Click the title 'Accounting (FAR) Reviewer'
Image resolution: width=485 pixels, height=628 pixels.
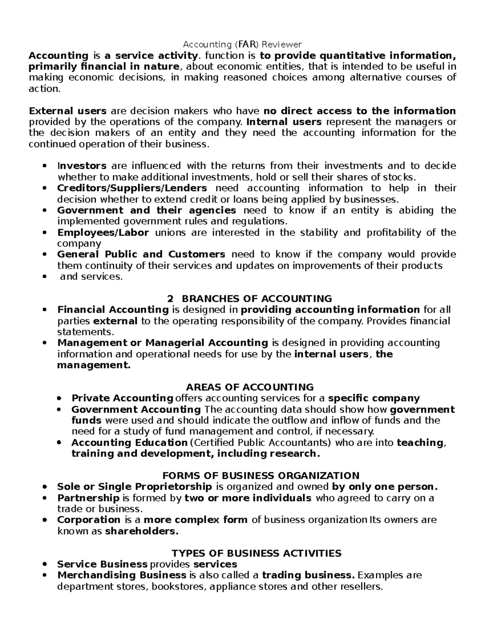(242, 44)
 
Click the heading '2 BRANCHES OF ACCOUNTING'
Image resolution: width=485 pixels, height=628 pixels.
(249, 299)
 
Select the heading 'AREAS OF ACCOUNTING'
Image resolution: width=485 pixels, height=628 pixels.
(242, 387)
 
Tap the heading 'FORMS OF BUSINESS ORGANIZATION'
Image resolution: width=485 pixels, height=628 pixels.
(261, 476)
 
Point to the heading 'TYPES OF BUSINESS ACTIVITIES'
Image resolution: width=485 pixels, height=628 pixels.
(257, 553)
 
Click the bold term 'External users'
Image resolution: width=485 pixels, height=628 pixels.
(68, 111)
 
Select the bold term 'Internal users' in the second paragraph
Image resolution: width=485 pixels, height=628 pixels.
(284, 122)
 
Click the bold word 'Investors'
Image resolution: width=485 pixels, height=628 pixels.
(82, 166)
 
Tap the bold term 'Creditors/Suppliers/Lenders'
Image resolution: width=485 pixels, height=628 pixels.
(132, 188)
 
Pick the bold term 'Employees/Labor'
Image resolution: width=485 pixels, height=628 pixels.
(103, 233)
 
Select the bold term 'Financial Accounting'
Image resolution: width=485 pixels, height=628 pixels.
(113, 310)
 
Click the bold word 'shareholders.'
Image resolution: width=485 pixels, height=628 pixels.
(141, 531)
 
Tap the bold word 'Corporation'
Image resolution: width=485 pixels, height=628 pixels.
(89, 520)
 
